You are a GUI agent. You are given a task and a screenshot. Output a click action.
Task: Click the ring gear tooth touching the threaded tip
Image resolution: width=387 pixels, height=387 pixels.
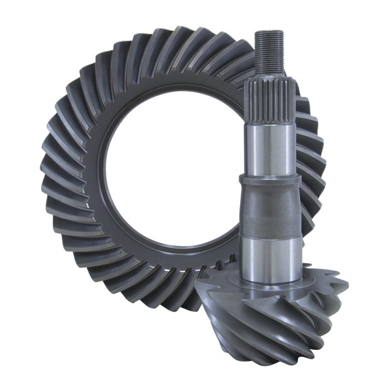[247, 53]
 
